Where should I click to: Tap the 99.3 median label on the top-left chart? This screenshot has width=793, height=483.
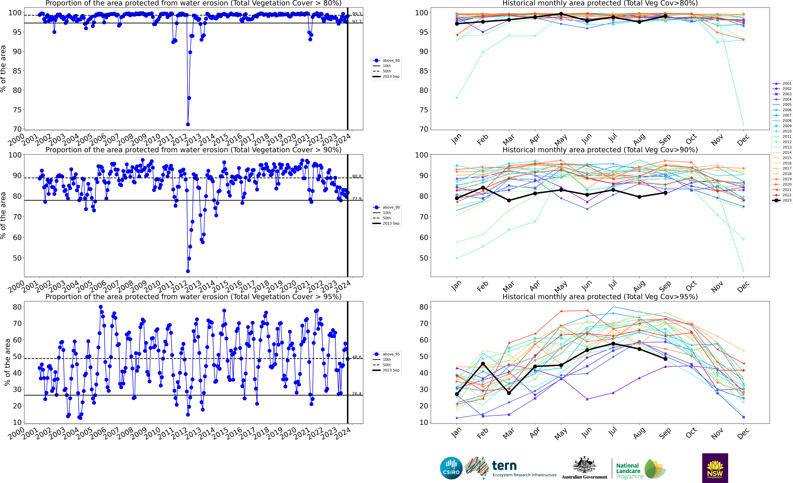tap(357, 14)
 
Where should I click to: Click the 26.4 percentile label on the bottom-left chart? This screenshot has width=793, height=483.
tap(357, 394)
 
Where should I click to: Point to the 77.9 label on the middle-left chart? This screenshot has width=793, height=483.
tap(357, 199)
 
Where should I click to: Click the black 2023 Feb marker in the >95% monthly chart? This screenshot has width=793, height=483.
tap(483, 364)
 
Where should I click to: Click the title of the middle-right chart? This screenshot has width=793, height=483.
tap(600, 150)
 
